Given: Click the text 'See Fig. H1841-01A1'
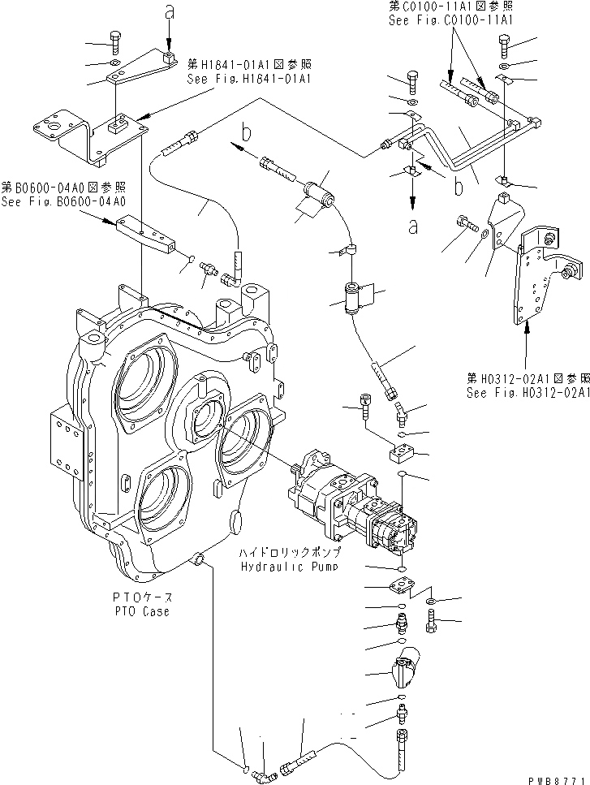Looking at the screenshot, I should (x=249, y=79).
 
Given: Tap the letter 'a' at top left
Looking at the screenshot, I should (x=169, y=11).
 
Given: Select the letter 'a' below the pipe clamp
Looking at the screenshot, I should (x=413, y=227).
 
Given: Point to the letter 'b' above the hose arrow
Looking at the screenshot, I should (x=247, y=129).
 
